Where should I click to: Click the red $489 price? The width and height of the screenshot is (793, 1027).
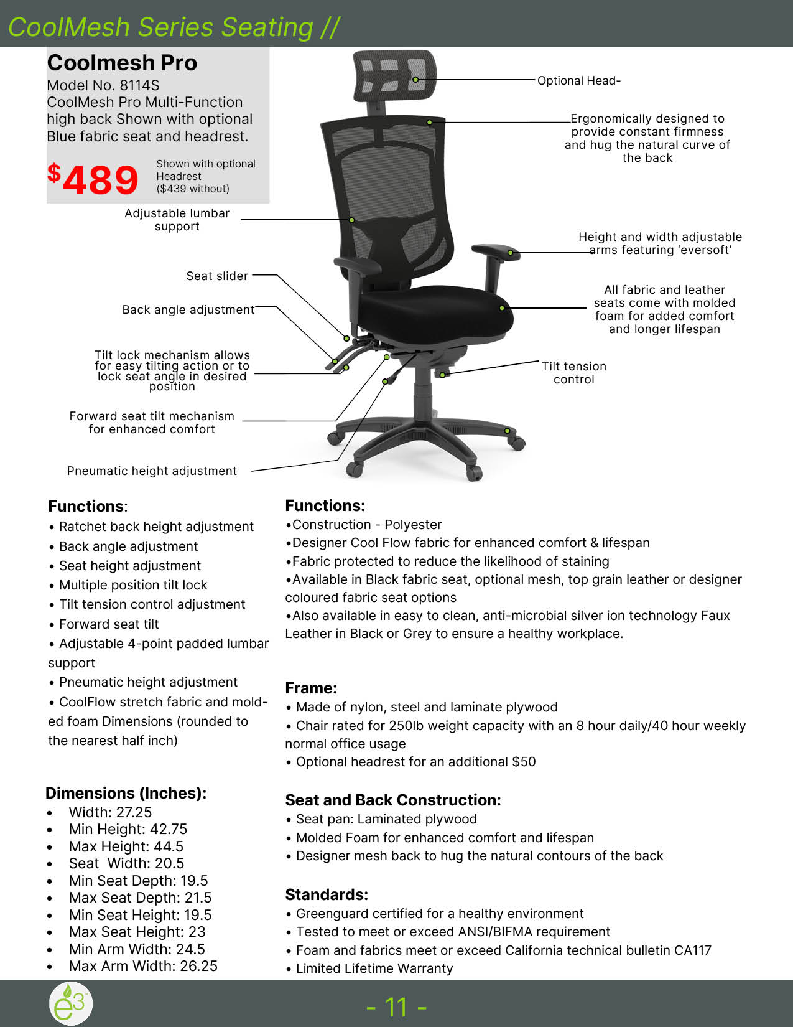[93, 179]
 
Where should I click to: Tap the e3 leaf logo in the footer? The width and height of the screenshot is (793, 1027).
[71, 1003]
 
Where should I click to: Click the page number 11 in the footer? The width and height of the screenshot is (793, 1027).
[396, 1006]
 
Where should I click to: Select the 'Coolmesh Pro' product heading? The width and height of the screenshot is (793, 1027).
[122, 63]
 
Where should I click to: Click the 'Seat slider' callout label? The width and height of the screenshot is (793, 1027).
[217, 276]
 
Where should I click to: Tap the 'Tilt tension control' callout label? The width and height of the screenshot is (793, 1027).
[573, 373]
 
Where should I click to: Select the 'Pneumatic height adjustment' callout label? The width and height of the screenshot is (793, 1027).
[152, 471]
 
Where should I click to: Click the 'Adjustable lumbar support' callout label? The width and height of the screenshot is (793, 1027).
[177, 220]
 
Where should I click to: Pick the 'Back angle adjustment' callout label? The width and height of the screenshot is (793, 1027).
[188, 310]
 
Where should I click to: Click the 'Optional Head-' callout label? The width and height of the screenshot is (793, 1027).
[578, 81]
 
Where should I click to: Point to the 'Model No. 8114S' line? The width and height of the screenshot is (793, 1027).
[103, 85]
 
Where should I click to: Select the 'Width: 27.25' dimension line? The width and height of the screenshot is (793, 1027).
[110, 812]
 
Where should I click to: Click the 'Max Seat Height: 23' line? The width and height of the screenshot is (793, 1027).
[137, 932]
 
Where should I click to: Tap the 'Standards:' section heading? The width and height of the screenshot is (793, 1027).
[327, 894]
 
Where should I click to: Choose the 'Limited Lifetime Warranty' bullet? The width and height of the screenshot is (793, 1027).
[374, 968]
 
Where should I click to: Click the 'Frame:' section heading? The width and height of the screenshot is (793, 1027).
[311, 688]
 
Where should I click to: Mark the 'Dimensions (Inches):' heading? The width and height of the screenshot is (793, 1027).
[126, 793]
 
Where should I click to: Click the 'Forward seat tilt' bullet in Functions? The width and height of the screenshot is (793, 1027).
[109, 624]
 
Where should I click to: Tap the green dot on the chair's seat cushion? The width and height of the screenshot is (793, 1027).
[502, 308]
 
